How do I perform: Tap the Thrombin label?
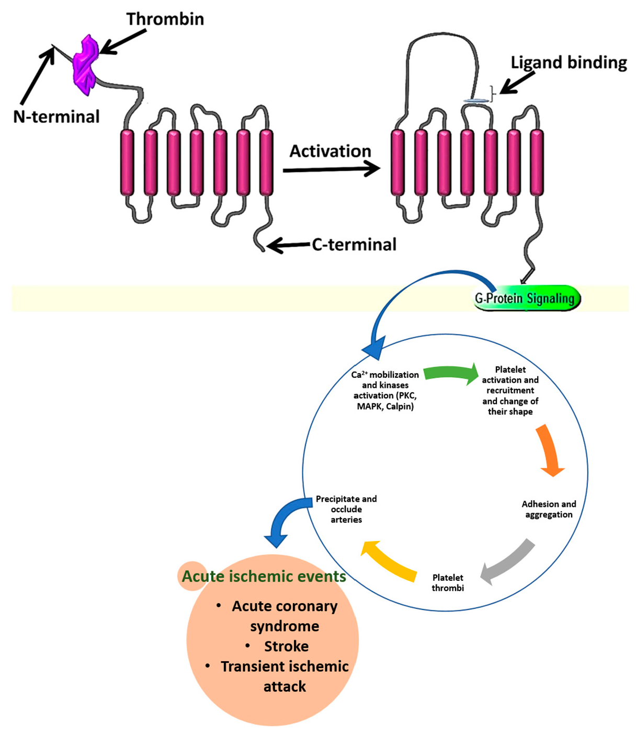[x=165, y=19]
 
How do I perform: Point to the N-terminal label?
[x=56, y=117]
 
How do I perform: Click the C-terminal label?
[x=354, y=245]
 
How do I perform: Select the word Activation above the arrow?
[x=330, y=151]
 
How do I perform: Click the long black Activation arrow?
[x=331, y=169]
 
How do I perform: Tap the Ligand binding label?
[x=569, y=63]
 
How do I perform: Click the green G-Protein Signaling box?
[x=526, y=298]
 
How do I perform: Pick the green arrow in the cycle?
[x=450, y=373]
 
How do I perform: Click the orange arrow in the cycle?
[x=549, y=451]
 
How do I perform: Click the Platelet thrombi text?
[x=448, y=583]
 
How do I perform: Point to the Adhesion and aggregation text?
[x=549, y=509]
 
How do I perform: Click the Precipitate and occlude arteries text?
[x=346, y=509]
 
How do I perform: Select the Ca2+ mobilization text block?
[x=385, y=390]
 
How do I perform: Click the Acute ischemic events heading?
[x=264, y=577]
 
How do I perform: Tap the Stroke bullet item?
[x=286, y=647]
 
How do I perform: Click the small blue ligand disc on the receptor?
[x=475, y=100]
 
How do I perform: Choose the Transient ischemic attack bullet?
[x=284, y=676]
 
